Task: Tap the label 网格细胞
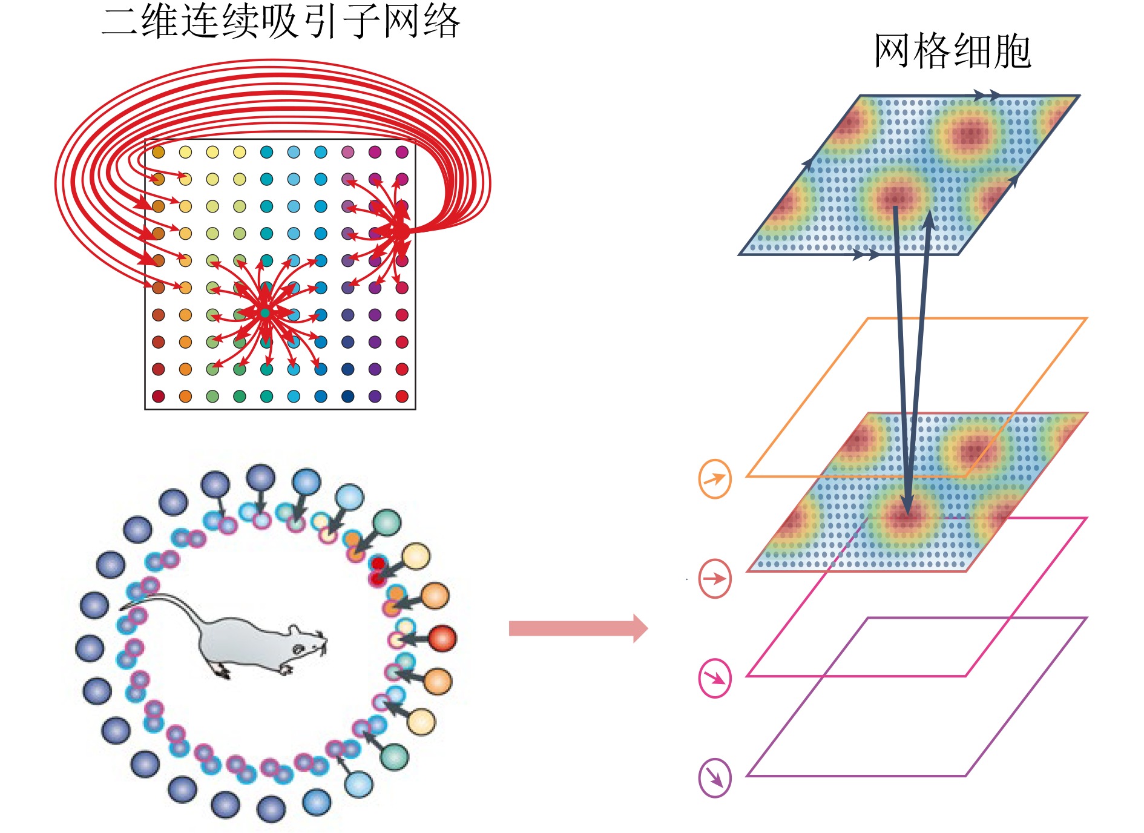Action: coord(952,51)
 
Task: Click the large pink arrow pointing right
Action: coord(578,628)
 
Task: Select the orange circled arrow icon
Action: coord(715,479)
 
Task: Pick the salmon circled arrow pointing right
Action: coord(715,578)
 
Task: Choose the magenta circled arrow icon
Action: coord(715,678)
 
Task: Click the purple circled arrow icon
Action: coord(715,777)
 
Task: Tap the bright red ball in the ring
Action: coord(442,638)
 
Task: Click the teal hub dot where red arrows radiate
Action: coord(265,313)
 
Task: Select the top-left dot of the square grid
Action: coord(159,152)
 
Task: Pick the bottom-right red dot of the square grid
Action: coord(402,396)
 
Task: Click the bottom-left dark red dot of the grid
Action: coord(159,396)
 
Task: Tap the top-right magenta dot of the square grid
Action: coord(402,152)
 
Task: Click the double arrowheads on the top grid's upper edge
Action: coord(987,95)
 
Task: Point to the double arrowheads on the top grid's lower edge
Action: coord(866,254)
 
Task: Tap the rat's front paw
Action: coord(284,669)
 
